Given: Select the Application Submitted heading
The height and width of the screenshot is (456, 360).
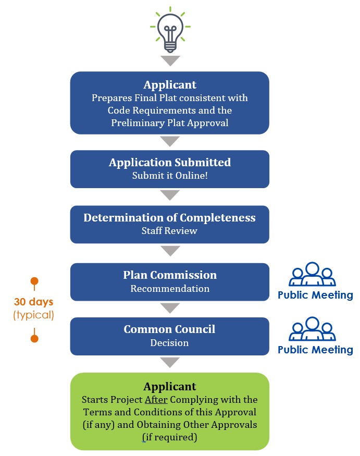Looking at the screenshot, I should (170, 163).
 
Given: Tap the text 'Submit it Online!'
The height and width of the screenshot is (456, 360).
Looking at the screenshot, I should (170, 176).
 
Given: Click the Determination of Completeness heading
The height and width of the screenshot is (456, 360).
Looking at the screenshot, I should (170, 217).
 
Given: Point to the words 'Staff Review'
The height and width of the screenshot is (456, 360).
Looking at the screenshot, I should (170, 230).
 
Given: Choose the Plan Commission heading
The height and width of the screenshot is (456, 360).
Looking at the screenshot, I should (170, 275).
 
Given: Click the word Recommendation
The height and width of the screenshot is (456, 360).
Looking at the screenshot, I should (170, 288).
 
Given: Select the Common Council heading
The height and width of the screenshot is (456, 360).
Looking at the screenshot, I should (170, 329).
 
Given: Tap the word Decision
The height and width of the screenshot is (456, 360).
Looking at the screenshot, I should (170, 343).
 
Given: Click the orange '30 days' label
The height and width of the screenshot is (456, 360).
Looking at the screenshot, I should (34, 302).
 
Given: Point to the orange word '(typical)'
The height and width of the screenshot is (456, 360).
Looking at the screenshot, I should (34, 315).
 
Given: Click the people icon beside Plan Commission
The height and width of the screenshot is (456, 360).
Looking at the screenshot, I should (312, 275).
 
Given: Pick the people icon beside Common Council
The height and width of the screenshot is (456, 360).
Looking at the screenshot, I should (312, 329).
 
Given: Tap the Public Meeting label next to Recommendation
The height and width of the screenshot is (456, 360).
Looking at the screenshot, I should (315, 295).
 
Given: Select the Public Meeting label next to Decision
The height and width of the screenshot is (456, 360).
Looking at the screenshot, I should (315, 350).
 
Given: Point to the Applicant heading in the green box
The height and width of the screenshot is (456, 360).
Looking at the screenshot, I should (170, 387).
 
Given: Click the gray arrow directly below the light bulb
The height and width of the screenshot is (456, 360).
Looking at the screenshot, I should (170, 61).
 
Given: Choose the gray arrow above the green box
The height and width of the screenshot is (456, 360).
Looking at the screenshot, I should (170, 362).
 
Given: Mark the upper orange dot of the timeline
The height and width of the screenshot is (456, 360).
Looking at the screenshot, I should (34, 281).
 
